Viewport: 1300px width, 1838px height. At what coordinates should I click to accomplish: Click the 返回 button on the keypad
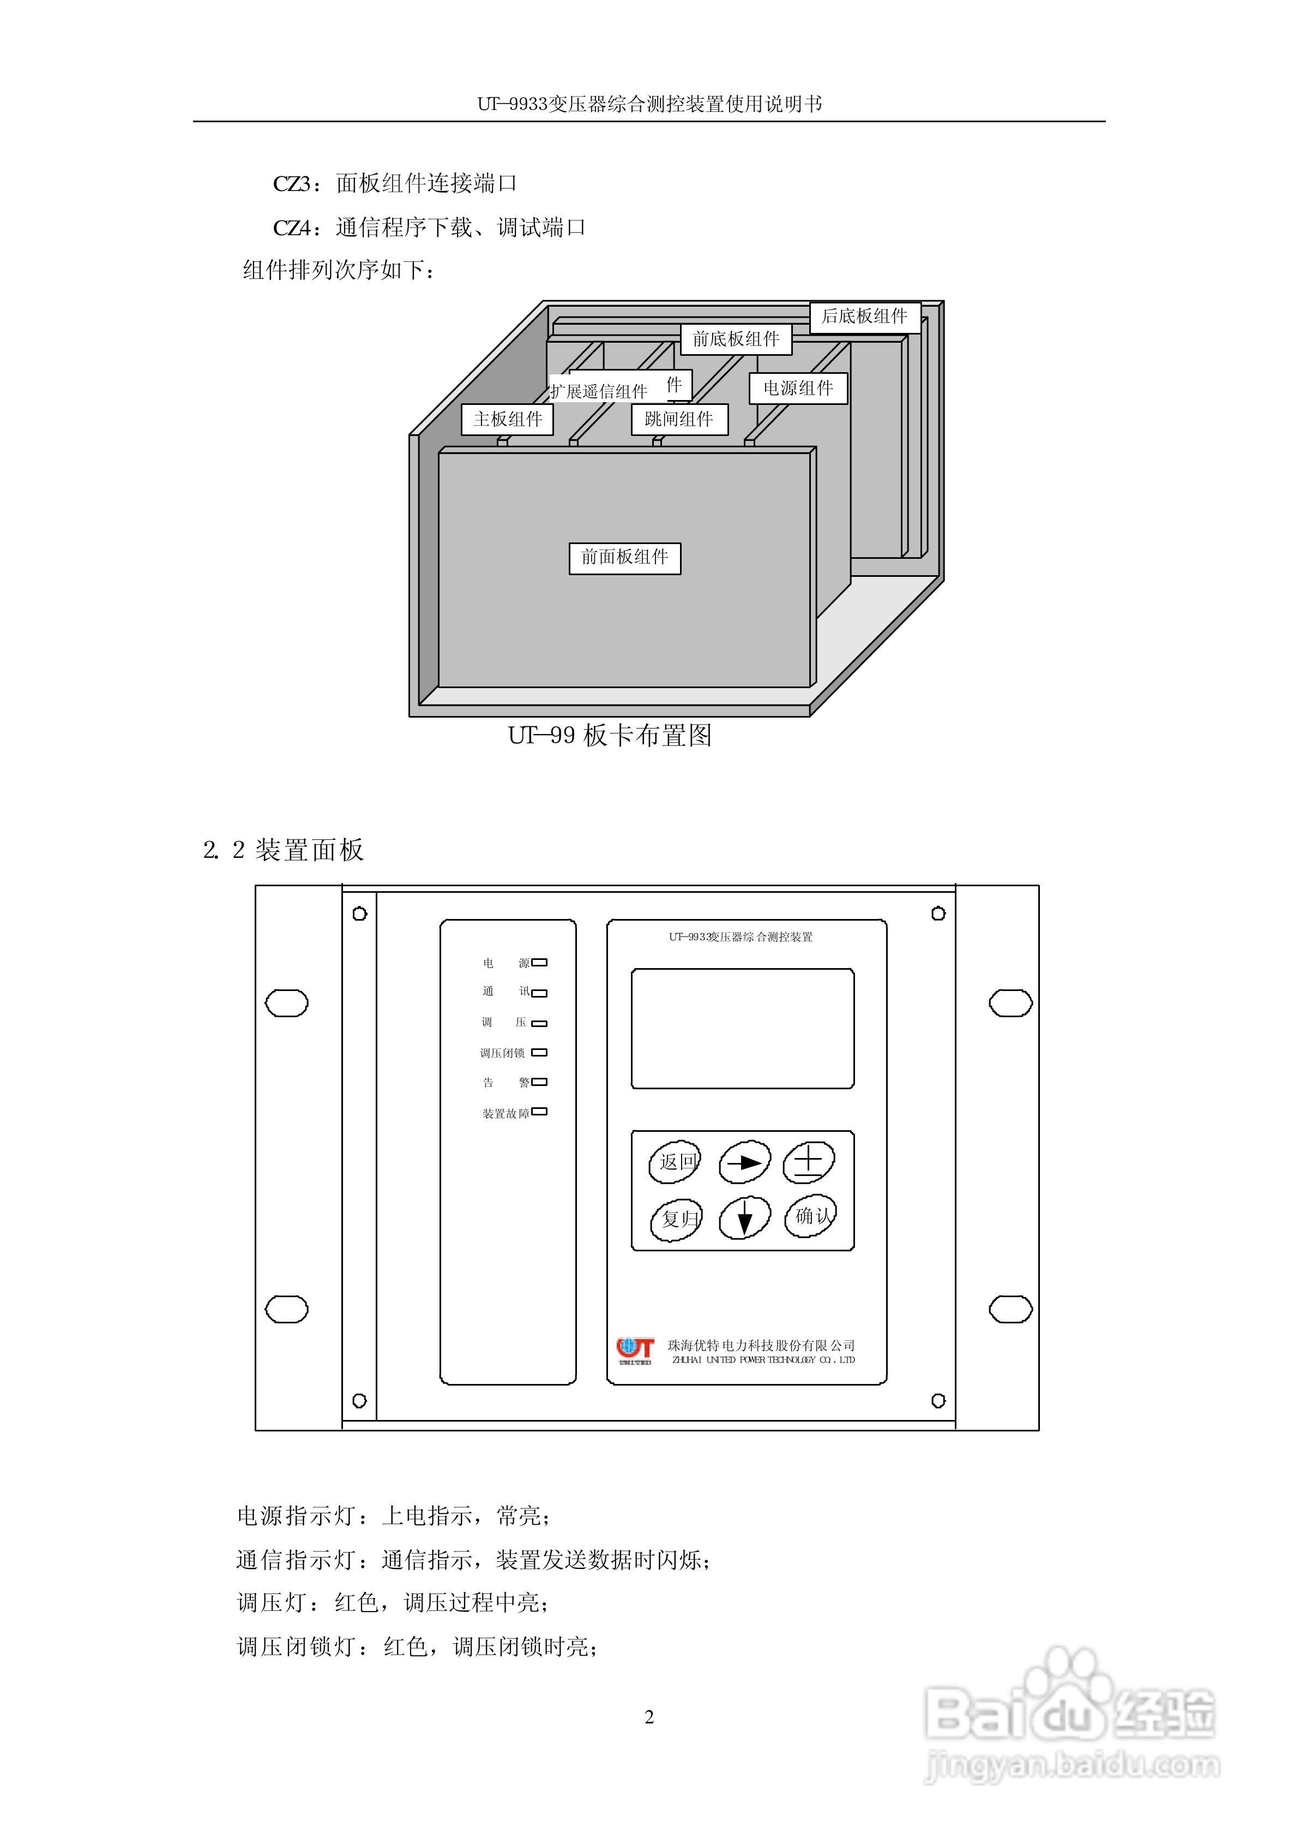[674, 1162]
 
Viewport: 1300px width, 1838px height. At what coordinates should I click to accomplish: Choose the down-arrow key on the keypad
[744, 1219]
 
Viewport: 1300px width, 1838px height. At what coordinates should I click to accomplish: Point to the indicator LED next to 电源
[539, 963]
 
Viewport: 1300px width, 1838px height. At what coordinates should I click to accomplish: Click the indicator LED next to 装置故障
[539, 1112]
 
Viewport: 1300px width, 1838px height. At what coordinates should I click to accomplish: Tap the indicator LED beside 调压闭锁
[539, 1052]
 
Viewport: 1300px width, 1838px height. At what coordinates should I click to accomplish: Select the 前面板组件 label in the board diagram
[625, 557]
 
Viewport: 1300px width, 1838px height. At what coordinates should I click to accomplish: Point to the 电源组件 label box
[798, 389]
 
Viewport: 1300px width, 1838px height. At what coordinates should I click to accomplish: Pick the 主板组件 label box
[508, 419]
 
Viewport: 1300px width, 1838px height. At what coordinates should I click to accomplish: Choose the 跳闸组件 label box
[679, 419]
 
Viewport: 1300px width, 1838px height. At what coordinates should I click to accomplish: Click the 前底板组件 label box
[736, 339]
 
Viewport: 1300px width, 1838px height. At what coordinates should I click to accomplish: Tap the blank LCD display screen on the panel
[743, 1028]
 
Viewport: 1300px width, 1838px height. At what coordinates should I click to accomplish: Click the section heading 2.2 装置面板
[284, 850]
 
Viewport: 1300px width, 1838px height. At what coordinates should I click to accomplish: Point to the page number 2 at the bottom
[649, 1717]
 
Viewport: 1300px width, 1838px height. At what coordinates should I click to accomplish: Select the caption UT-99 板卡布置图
[610, 735]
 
